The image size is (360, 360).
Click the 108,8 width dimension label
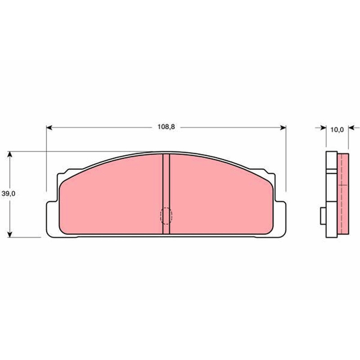pos(166,127)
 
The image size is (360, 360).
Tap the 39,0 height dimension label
pos(9,194)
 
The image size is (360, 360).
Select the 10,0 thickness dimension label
pos(337,130)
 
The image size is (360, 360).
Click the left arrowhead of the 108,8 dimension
pos(49,128)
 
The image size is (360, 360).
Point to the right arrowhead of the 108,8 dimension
pos(283,128)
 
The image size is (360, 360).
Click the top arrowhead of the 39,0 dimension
pos(9,154)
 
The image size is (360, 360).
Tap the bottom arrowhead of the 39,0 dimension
pos(9,234)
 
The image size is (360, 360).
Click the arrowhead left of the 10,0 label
pos(324,128)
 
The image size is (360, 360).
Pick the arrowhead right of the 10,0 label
pos(351,128)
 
